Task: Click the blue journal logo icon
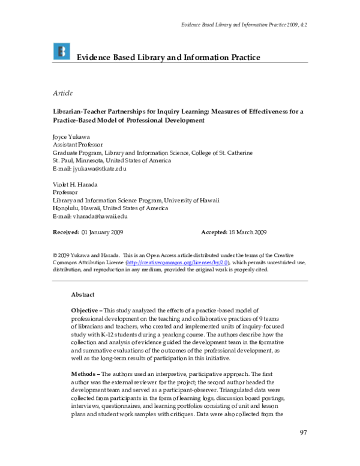point(61,52)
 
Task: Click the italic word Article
point(63,92)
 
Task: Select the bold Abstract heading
point(83,295)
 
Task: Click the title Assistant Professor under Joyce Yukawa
point(77,145)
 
